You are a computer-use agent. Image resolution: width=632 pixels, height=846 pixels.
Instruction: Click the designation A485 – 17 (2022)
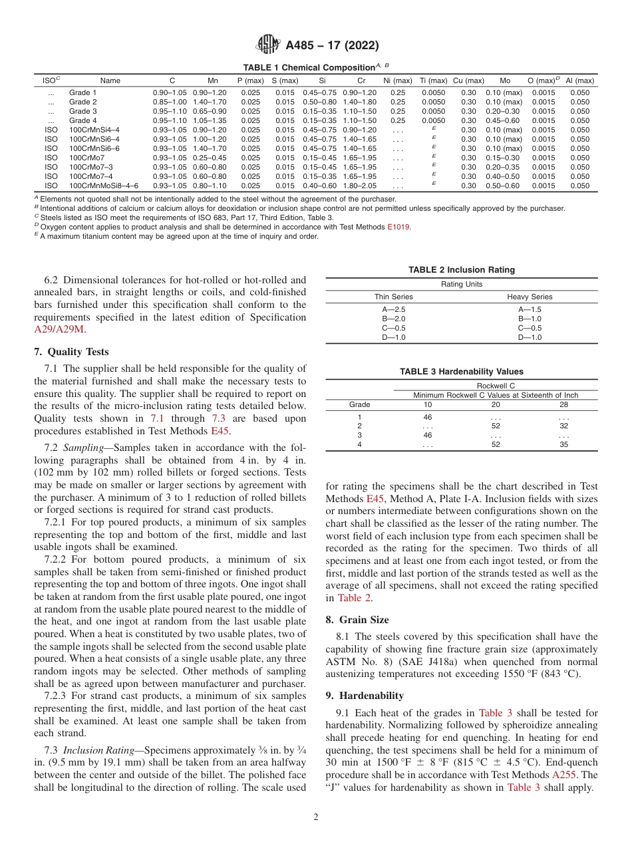coord(332,46)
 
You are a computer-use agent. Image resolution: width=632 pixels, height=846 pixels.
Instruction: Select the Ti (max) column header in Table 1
coord(433,80)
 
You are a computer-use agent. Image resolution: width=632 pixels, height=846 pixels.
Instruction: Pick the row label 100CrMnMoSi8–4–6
coord(104,186)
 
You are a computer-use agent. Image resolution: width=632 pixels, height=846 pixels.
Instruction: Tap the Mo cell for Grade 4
coord(504,120)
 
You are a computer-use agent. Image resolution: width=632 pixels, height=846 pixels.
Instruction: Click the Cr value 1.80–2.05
coord(359,186)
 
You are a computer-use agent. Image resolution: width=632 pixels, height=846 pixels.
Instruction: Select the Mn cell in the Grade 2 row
coord(210,102)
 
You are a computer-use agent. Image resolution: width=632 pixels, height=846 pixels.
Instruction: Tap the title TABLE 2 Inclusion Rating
coord(461,270)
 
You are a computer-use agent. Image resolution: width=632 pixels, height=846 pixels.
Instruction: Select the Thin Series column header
coord(393,297)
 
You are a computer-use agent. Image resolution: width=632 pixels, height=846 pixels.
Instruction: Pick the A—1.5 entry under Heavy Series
coord(530,310)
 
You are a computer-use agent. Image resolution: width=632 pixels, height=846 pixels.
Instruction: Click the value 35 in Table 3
coord(563,445)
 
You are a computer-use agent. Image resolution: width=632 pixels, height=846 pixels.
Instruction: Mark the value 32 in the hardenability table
coord(563,426)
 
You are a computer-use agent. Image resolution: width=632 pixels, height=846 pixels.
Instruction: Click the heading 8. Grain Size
coord(357,620)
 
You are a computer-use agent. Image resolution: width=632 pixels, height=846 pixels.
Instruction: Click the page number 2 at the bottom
coord(316,817)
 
